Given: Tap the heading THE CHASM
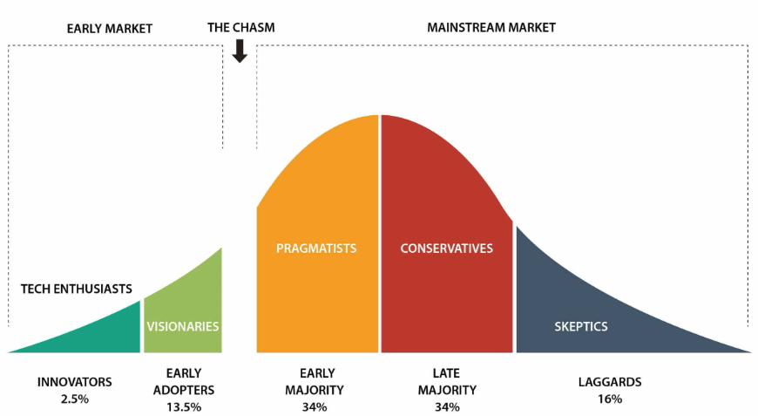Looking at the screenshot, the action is [x=240, y=28].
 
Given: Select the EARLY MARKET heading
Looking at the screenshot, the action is [x=110, y=29].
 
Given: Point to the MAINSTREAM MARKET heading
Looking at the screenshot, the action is [x=491, y=28].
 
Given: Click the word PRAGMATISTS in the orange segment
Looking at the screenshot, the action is [x=316, y=249].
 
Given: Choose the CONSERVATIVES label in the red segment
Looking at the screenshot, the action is [x=446, y=249].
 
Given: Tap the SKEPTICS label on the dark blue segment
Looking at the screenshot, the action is [x=581, y=327].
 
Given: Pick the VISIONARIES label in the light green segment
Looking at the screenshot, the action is [x=182, y=327].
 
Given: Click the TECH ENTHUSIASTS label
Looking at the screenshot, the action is [x=77, y=289].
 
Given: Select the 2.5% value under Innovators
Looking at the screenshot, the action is [x=75, y=399].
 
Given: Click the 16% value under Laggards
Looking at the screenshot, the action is [x=610, y=399].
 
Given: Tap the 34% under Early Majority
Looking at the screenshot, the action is [x=315, y=406].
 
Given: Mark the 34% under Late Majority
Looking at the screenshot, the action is [x=446, y=406].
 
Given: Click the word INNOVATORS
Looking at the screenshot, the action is [x=75, y=382].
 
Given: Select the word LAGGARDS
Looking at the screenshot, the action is [x=610, y=382].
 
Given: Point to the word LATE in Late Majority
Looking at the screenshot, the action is [x=446, y=373].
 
